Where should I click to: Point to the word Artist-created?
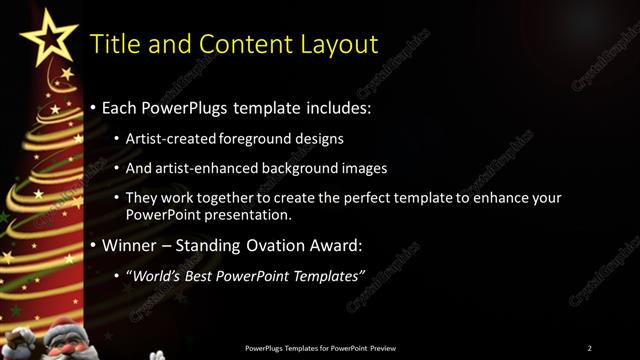click(171, 138)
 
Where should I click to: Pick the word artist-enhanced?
click(208, 168)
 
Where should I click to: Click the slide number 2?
click(590, 347)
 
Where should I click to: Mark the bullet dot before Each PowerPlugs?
click(94, 106)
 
